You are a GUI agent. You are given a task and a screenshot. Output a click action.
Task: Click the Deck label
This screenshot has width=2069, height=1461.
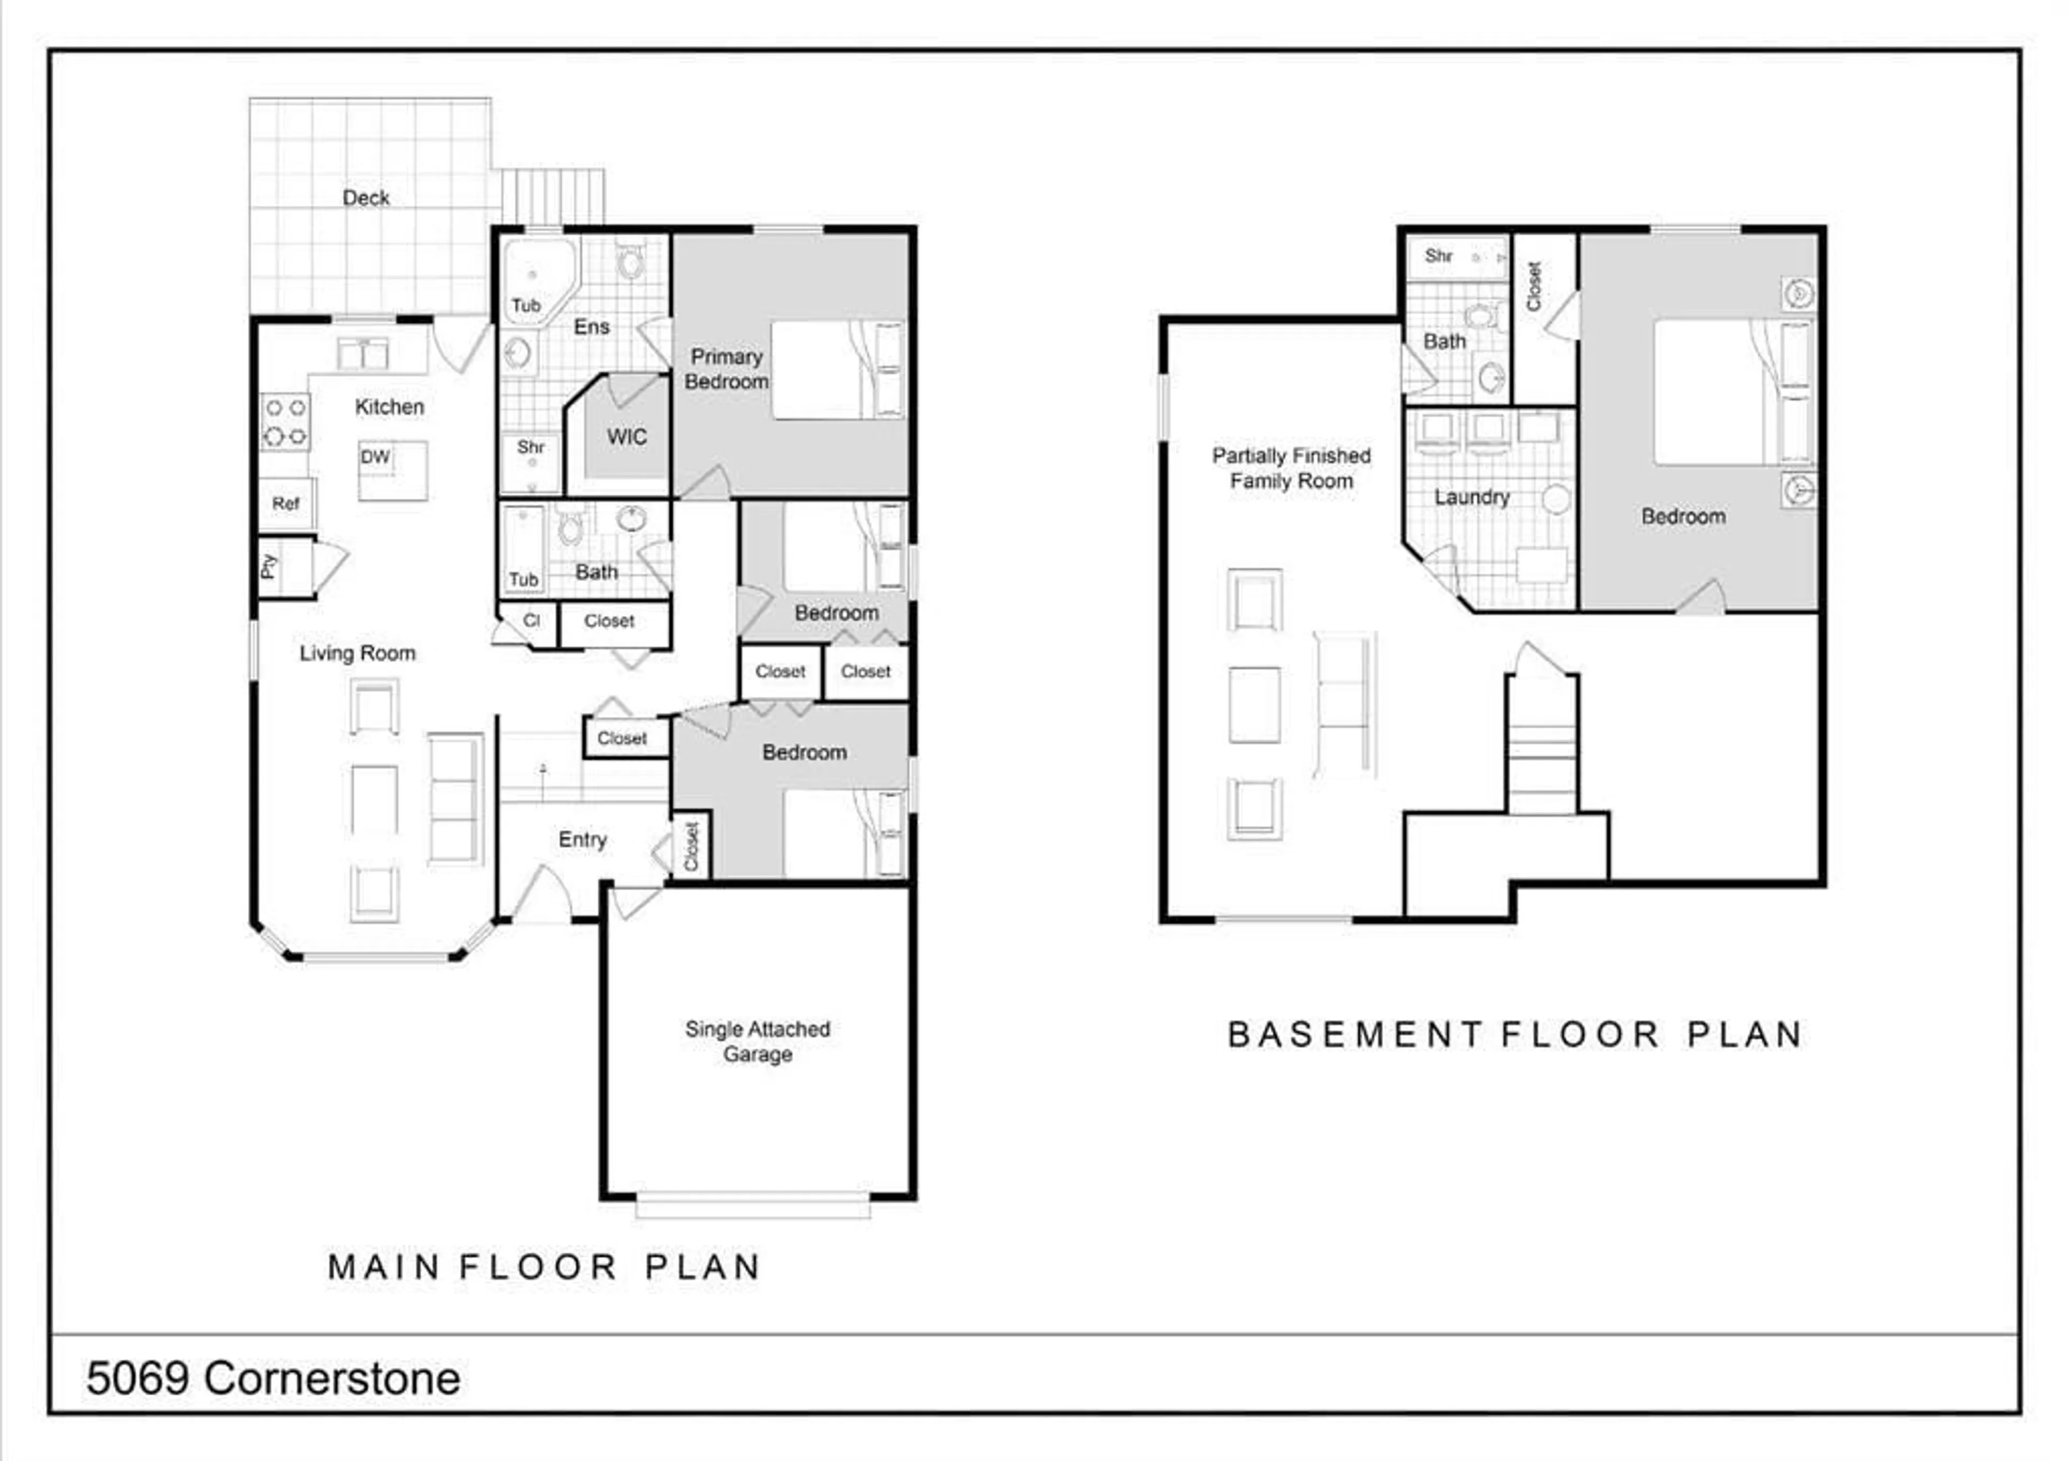[366, 197]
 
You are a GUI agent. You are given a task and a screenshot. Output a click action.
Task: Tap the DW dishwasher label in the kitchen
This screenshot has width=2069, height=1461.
[375, 457]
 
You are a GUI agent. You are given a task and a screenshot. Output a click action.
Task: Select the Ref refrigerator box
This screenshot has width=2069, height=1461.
[287, 504]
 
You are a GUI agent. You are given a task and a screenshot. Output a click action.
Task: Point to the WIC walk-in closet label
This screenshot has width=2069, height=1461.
[626, 437]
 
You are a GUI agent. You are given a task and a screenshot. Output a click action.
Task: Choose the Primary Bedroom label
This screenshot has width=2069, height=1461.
[726, 369]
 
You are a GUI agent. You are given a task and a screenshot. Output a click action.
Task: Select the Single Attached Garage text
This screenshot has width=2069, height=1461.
[758, 1041]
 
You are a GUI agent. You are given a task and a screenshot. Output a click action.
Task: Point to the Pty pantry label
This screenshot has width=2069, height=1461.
[268, 566]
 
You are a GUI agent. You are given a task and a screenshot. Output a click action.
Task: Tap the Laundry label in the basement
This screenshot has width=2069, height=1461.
[1471, 497]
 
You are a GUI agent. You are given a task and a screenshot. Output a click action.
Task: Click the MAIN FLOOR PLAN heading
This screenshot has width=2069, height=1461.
[544, 1266]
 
